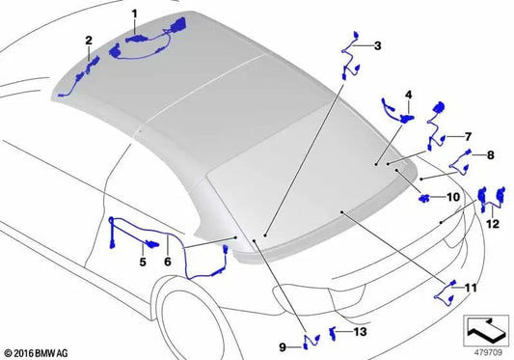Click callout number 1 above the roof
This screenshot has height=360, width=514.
pos(134,14)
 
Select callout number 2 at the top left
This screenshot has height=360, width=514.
pos(89,41)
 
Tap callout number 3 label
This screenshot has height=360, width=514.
pos(377,45)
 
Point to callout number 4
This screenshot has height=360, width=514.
pos(408,95)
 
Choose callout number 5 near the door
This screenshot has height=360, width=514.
pos(142,262)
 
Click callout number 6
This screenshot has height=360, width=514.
pos(168,262)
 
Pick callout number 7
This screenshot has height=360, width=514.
pos(468,136)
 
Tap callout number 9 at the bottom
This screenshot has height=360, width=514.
pos(284,346)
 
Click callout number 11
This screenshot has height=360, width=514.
pos(471,289)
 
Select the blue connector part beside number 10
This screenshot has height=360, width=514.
pos(426,199)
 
